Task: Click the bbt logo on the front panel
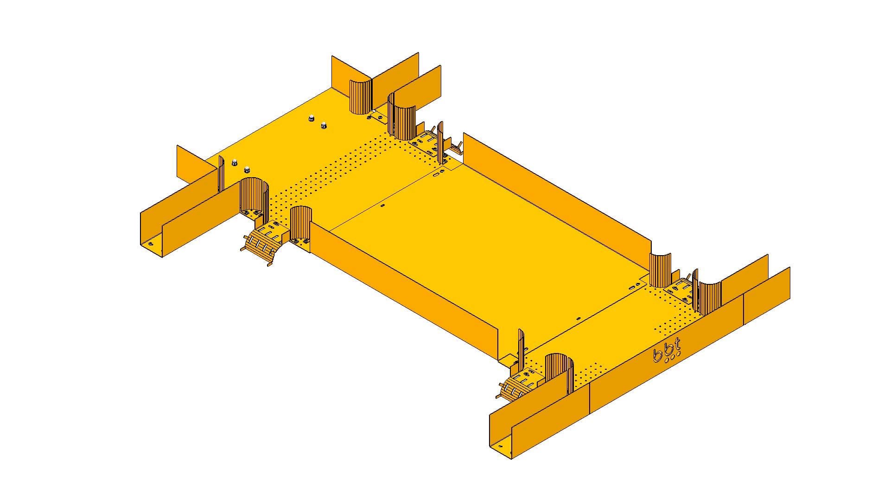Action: point(667,351)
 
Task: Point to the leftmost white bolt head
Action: point(235,162)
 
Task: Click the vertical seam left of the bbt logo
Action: point(589,398)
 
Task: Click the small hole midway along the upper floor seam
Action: point(382,205)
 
